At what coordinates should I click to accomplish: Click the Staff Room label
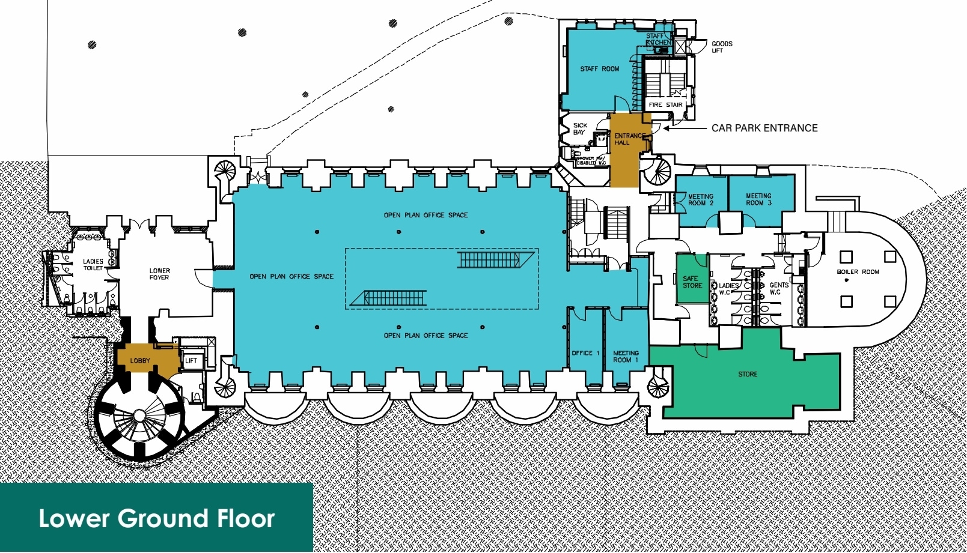click(599, 69)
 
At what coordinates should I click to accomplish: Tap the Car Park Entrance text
click(764, 128)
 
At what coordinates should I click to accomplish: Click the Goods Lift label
click(721, 47)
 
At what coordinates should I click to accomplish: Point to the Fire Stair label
click(665, 104)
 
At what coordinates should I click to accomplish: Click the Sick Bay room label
click(579, 128)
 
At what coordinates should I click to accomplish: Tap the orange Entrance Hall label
click(628, 139)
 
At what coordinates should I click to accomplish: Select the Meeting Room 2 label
click(700, 200)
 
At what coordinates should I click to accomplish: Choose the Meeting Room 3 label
click(758, 199)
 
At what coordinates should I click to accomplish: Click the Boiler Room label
click(858, 272)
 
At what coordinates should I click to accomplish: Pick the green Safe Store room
click(692, 282)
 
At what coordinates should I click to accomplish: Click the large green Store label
click(748, 374)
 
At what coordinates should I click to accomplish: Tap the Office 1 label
click(585, 353)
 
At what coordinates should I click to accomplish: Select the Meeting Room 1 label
click(626, 357)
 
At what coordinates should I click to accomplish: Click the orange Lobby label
click(140, 361)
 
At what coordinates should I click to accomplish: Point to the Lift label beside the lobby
click(191, 361)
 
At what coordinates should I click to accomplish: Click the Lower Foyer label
click(159, 274)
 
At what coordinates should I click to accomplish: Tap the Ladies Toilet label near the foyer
click(93, 265)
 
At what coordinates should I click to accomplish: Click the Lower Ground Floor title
click(156, 518)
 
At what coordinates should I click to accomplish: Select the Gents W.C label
click(778, 289)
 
